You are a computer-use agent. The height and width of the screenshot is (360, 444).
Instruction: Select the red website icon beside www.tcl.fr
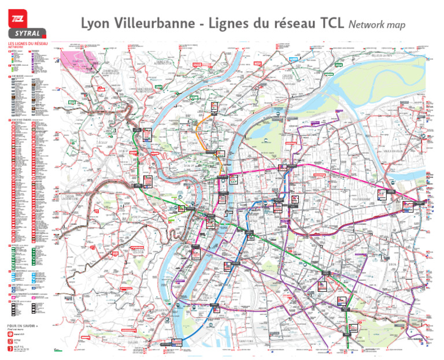(x=10, y=334)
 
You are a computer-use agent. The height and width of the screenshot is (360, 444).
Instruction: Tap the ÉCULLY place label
(x=103, y=141)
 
